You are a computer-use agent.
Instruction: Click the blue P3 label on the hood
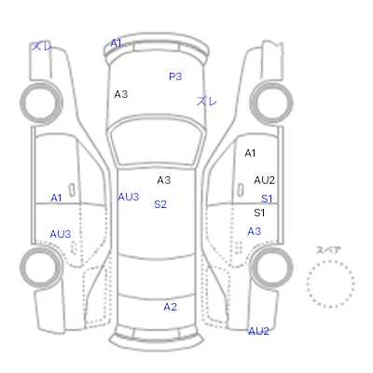[175, 76]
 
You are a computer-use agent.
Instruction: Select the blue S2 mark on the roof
[160, 204]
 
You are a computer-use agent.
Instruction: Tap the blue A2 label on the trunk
[170, 307]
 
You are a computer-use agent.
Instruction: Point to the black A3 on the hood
[121, 94]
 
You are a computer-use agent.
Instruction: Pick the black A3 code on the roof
[164, 180]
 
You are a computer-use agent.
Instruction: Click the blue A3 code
[255, 231]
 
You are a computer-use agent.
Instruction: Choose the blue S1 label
[267, 199]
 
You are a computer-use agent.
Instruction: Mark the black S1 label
[259, 213]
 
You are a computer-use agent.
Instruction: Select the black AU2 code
[265, 180]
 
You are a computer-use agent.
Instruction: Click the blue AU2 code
[258, 331]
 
